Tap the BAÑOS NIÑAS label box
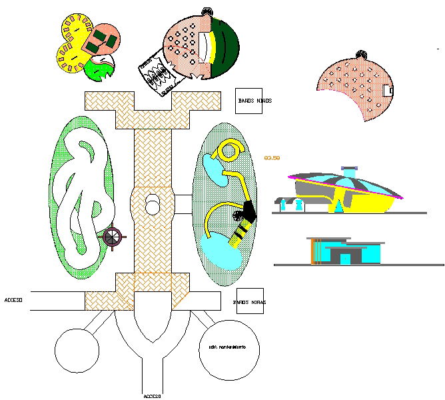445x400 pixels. pyautogui.click(x=250, y=302)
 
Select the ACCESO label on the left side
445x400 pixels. pyautogui.click(x=13, y=301)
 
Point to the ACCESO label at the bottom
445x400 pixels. pyautogui.click(x=152, y=395)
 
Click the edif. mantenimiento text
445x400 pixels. pyautogui.click(x=228, y=348)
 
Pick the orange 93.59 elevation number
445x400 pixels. pyautogui.click(x=272, y=158)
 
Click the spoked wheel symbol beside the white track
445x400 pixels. pyautogui.click(x=113, y=236)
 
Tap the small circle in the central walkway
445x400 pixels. pyautogui.click(x=153, y=207)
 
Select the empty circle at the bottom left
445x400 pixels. pyautogui.click(x=77, y=351)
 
